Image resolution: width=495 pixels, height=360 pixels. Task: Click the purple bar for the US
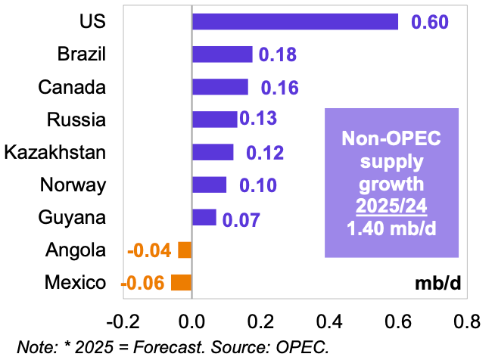(x=295, y=22)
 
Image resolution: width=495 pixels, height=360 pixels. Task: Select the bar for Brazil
(x=222, y=54)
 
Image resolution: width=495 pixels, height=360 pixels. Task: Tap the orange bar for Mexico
(x=182, y=283)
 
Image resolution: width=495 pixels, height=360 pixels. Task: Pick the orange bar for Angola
(x=185, y=250)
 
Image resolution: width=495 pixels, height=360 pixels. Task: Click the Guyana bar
(x=204, y=218)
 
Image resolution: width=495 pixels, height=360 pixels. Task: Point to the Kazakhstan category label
(x=54, y=152)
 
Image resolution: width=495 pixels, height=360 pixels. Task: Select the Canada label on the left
(x=72, y=87)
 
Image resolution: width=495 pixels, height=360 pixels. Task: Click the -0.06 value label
(x=144, y=284)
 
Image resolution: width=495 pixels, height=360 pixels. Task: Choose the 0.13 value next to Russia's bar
(x=258, y=119)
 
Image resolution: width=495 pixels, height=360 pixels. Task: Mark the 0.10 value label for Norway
(x=257, y=185)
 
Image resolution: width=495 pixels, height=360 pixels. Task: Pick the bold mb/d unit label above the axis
(x=437, y=284)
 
